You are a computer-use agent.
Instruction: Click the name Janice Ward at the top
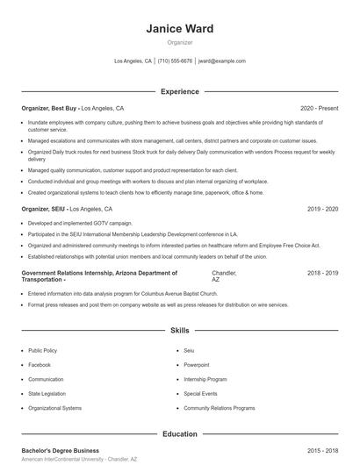point(180,29)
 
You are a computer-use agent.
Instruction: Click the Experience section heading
point(180,91)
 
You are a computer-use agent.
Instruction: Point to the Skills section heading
point(180,331)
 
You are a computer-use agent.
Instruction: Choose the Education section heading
point(180,433)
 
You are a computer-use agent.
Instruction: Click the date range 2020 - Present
point(319,108)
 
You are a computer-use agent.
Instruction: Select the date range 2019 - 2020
point(322,210)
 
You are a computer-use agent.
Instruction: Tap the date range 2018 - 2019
point(322,273)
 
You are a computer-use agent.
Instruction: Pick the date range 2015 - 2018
point(322,450)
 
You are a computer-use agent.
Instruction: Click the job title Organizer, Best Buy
point(50,108)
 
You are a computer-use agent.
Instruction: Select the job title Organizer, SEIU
point(44,210)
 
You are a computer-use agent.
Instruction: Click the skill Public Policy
point(42,350)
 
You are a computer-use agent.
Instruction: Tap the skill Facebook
point(40,364)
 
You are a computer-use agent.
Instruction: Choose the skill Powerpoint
point(197,364)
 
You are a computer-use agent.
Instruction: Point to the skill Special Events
point(200,394)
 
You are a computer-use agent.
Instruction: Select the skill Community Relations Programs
point(220,408)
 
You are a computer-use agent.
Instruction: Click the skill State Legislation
point(46,394)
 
